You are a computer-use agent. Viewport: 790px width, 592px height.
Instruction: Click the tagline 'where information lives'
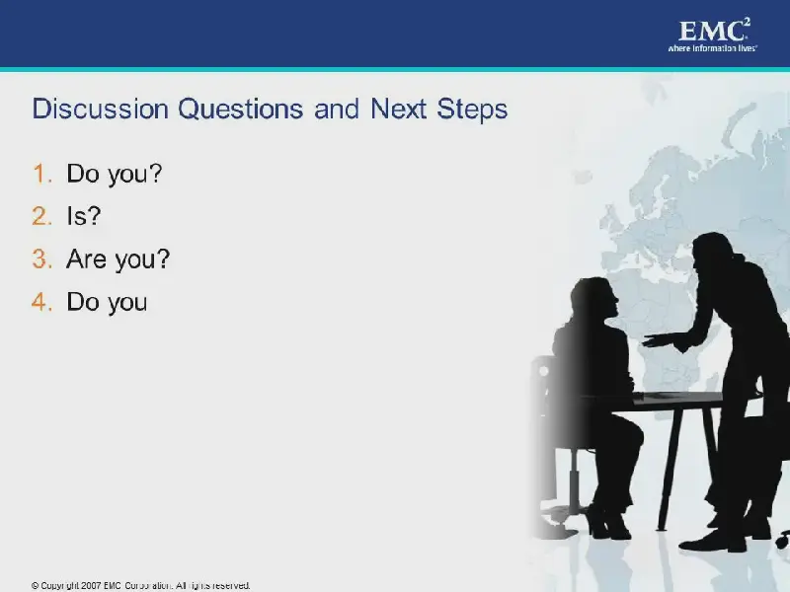click(712, 48)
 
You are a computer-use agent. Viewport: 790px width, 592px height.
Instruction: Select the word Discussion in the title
click(101, 109)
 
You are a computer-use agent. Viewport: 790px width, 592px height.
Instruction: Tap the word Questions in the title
click(241, 110)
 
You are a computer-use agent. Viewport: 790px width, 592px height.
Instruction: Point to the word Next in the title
click(399, 109)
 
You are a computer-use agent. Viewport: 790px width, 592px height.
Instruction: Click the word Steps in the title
click(472, 110)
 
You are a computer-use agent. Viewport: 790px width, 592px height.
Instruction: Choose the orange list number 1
click(42, 174)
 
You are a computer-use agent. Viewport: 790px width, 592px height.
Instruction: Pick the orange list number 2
click(42, 216)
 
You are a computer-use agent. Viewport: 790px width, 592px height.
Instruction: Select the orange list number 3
click(42, 259)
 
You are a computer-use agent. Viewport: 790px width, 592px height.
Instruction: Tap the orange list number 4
click(42, 302)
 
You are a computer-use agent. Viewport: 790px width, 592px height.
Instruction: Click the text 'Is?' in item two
click(84, 216)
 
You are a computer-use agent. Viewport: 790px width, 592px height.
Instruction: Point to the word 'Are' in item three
click(86, 259)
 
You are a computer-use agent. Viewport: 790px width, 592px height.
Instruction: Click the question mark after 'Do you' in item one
click(155, 173)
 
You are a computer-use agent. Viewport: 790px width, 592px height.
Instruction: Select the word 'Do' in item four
click(83, 302)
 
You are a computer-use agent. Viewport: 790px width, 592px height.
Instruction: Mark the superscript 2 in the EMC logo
click(747, 22)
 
